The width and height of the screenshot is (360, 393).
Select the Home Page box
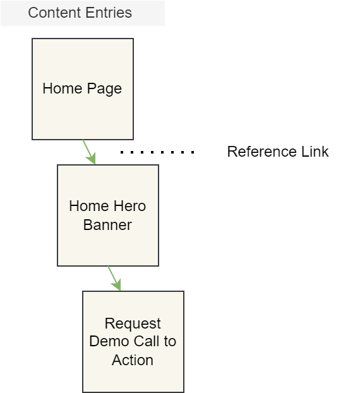(83, 89)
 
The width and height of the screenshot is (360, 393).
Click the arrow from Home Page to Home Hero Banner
(89, 152)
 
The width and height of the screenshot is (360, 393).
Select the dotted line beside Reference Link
(157, 152)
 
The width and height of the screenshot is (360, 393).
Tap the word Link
(315, 152)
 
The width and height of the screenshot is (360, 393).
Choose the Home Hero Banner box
(108, 215)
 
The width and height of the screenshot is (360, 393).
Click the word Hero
(129, 206)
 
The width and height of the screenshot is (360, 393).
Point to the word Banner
(107, 225)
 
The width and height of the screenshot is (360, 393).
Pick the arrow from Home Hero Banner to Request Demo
(114, 279)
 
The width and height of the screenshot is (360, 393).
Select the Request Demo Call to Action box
(133, 342)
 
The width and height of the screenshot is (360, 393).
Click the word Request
(133, 324)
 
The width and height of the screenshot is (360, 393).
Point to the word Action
(133, 360)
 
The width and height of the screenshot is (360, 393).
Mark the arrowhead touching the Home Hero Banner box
(92, 158)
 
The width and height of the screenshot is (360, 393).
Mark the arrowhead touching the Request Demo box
(117, 284)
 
